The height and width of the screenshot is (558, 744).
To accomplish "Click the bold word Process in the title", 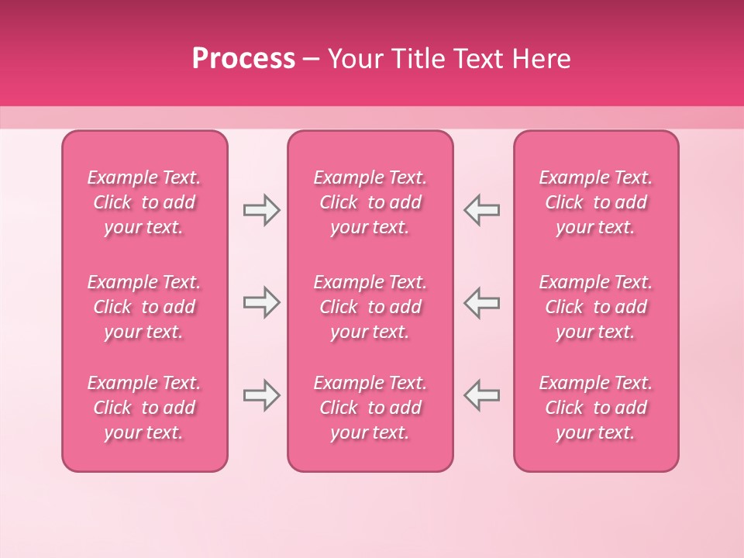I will [x=243, y=59].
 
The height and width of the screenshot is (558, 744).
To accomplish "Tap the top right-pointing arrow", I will [x=261, y=210].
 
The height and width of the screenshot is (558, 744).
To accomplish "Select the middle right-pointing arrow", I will [x=261, y=302].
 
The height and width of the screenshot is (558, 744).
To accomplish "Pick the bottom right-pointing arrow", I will [x=261, y=395].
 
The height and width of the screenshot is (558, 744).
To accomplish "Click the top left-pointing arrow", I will [x=481, y=210].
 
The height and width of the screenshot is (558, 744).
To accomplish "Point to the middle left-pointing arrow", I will [x=481, y=302].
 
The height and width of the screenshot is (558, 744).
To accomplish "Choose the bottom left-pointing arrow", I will [x=481, y=395].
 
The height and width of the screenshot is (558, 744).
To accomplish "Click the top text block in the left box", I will [x=144, y=202].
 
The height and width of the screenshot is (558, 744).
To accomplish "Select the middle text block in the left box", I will [x=144, y=307].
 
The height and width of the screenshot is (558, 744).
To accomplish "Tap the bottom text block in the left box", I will [x=144, y=408].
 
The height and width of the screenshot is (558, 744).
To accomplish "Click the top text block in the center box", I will [x=370, y=202].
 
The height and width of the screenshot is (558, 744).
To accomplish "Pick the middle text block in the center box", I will [x=370, y=307].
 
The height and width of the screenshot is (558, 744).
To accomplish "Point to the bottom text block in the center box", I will [x=370, y=408].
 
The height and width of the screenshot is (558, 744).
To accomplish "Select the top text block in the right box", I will [x=595, y=202].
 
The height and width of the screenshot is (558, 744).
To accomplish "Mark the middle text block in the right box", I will [x=595, y=307].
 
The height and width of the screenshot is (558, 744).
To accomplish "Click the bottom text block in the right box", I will [x=595, y=408].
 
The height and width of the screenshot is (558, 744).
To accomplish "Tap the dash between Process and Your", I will [x=312, y=60].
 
